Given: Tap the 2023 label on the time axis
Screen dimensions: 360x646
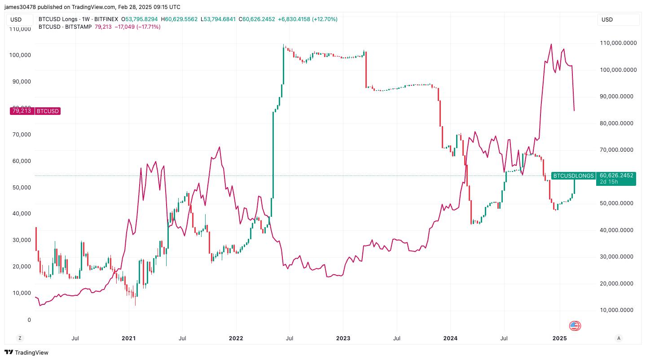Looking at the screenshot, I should click(343, 338).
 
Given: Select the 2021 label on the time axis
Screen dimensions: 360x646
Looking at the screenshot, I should click(128, 338).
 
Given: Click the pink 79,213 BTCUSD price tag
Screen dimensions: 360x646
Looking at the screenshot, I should click(35, 111).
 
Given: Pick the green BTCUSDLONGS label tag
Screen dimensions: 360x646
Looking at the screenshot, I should click(573, 176).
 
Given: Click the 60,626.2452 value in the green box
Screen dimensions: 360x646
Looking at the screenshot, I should click(616, 176).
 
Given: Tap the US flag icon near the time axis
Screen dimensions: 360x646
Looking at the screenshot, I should click(575, 326).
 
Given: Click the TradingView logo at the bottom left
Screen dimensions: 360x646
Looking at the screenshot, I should click(26, 352).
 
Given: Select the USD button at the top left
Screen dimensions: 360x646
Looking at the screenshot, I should click(21, 20).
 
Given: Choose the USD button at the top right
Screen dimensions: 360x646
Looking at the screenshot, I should click(618, 20).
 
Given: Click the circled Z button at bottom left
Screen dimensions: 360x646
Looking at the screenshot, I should click(19, 338).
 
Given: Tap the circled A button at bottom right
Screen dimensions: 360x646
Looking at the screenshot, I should click(619, 338).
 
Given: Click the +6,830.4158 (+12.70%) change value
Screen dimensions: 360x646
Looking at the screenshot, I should click(308, 19).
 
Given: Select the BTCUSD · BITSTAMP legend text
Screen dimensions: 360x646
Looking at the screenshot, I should click(65, 27).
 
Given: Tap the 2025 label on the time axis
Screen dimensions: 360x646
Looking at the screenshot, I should click(559, 338).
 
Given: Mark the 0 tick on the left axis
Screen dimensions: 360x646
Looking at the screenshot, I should click(29, 320).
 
